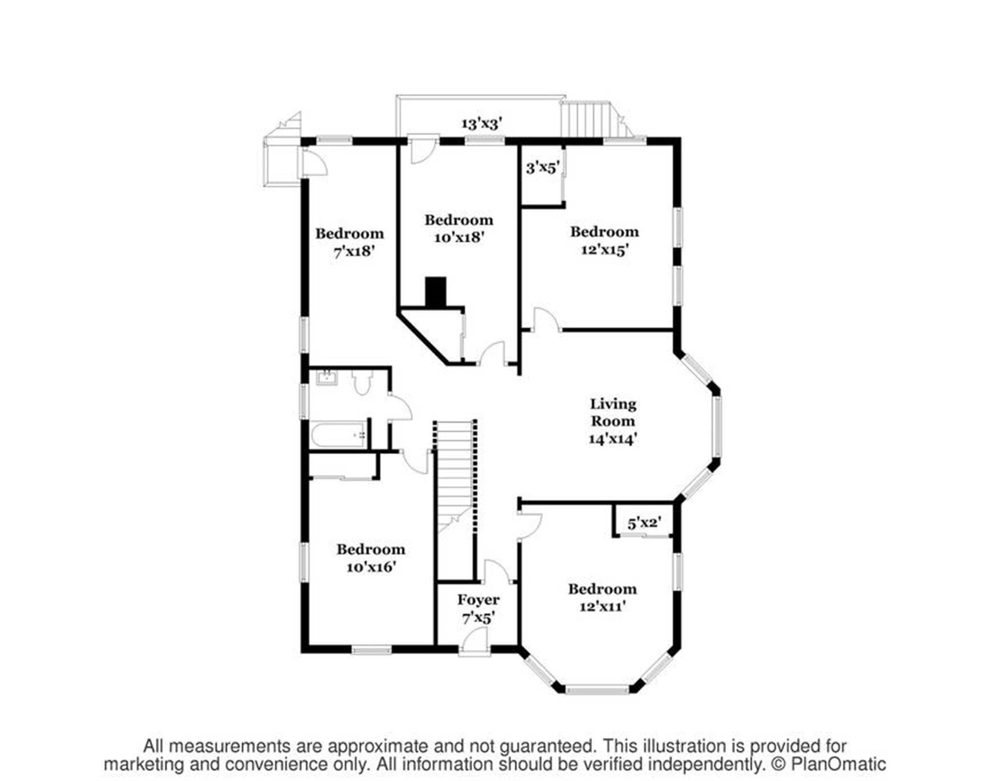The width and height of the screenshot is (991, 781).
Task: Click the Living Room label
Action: (x=613, y=412)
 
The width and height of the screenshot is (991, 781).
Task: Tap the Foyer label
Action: (x=478, y=600)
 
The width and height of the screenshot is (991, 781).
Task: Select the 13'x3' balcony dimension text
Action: (x=481, y=123)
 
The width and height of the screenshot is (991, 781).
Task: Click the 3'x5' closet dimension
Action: (x=542, y=168)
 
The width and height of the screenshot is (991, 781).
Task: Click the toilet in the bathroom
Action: (x=361, y=383)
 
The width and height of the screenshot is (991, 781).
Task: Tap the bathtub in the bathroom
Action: (x=338, y=435)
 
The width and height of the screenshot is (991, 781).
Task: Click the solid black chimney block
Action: (x=435, y=292)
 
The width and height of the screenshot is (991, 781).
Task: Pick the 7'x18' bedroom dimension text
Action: (x=354, y=251)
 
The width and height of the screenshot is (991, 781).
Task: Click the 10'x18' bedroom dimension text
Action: (x=459, y=237)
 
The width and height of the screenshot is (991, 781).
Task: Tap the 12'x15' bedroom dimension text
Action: (x=604, y=249)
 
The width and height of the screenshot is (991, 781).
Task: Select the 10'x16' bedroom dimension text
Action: (x=371, y=567)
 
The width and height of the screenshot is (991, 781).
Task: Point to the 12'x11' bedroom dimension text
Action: (x=602, y=606)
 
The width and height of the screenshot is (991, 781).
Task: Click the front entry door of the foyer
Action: (x=474, y=643)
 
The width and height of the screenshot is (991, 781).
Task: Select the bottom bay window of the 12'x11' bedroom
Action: (x=598, y=689)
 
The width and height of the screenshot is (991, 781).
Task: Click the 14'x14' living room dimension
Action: (x=613, y=439)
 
